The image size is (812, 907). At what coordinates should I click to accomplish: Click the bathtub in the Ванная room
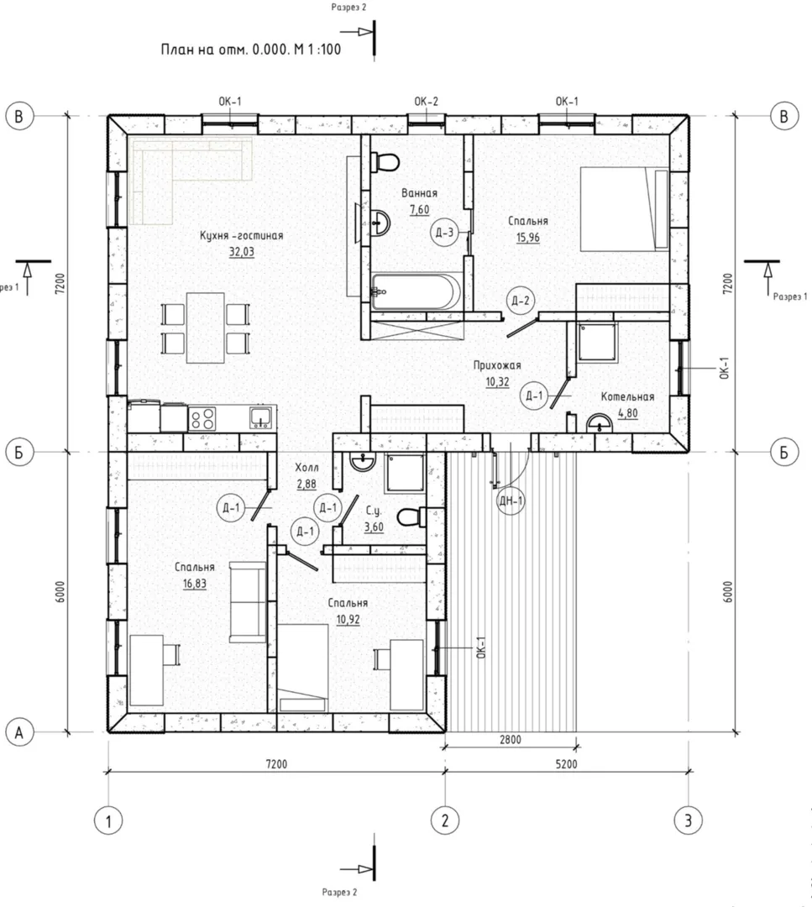(x=416, y=291)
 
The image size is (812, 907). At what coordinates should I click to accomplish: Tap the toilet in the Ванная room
(x=384, y=162)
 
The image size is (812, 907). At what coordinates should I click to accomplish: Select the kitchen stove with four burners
(x=202, y=418)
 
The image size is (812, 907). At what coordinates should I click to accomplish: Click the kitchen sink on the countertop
(x=260, y=417)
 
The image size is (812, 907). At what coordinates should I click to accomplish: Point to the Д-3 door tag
(x=445, y=233)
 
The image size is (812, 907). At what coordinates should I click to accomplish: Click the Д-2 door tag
(x=520, y=301)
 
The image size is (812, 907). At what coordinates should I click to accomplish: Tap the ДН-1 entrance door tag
(x=511, y=501)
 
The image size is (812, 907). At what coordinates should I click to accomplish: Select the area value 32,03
(x=241, y=252)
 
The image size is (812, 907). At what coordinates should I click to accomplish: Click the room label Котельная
(x=627, y=396)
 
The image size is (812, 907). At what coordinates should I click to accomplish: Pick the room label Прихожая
(x=497, y=365)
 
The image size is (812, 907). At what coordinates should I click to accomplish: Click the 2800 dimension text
(x=511, y=739)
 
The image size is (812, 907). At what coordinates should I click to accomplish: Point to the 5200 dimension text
(x=566, y=764)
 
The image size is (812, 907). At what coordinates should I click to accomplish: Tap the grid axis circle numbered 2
(x=445, y=820)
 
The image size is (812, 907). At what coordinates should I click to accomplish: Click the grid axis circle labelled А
(x=19, y=733)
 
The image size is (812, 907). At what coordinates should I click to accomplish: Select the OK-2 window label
(x=427, y=102)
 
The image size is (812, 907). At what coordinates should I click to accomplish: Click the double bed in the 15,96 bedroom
(x=626, y=209)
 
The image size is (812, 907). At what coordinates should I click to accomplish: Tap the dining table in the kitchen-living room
(x=206, y=328)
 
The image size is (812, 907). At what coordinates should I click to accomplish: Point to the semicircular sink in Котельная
(x=600, y=423)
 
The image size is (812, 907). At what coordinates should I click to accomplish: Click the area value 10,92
(x=348, y=620)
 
